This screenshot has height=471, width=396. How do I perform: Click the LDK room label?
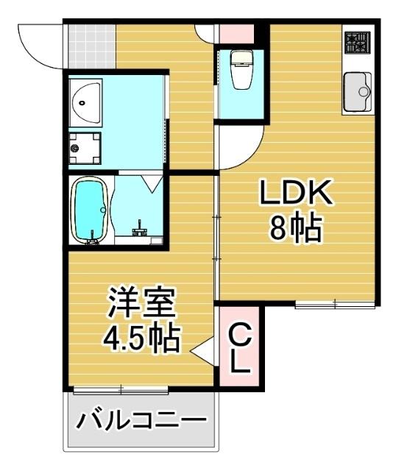click(x=295, y=194)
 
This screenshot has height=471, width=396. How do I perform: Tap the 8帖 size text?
click(x=295, y=230)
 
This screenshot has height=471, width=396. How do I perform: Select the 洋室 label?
click(x=141, y=303)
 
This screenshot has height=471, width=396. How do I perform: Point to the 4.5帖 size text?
click(x=141, y=337)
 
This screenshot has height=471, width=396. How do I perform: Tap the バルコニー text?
click(x=141, y=422)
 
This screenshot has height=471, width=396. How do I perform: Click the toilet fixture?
click(x=241, y=70)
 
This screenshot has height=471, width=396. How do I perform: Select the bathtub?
click(x=91, y=210)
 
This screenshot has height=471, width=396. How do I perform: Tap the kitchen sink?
click(x=358, y=92)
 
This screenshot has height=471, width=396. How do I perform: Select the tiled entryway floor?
click(x=91, y=46)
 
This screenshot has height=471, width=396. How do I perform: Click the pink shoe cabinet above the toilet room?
click(x=235, y=33)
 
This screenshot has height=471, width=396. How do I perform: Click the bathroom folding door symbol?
click(x=153, y=183)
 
